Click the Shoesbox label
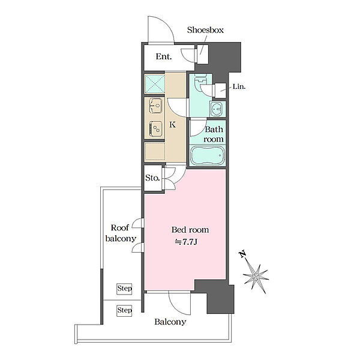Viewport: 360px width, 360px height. pyautogui.click(x=205, y=30)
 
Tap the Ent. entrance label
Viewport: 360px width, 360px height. pyautogui.click(x=164, y=56)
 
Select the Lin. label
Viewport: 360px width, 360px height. pyautogui.click(x=239, y=87)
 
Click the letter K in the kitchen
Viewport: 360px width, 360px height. pyautogui.click(x=173, y=125)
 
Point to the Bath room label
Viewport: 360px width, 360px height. pyautogui.click(x=214, y=134)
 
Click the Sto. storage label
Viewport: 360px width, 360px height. pyautogui.click(x=152, y=178)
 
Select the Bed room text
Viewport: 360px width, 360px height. pyautogui.click(x=190, y=230)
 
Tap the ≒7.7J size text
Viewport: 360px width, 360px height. pyautogui.click(x=186, y=242)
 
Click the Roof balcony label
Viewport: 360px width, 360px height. pyautogui.click(x=121, y=233)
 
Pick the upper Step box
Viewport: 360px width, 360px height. pyautogui.click(x=124, y=289)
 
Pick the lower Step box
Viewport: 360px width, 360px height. pyautogui.click(x=124, y=311)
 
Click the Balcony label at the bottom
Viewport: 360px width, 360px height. pyautogui.click(x=170, y=322)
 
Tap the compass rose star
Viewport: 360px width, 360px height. pyautogui.click(x=256, y=277)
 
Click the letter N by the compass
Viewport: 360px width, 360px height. pyautogui.click(x=242, y=254)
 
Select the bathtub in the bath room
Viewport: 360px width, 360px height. pyautogui.click(x=208, y=155)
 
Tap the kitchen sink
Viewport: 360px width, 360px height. pyautogui.click(x=155, y=106)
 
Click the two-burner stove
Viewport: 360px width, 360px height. pyautogui.click(x=155, y=129)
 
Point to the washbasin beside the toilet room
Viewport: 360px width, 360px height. pyautogui.click(x=217, y=109)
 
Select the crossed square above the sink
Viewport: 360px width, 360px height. pyautogui.click(x=154, y=83)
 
